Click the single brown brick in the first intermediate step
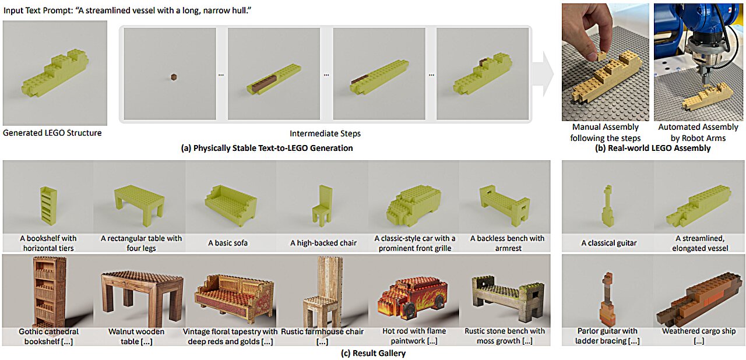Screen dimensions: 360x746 coord(173,76)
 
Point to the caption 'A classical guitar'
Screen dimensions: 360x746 coord(609,243)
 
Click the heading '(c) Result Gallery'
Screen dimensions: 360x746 coord(373,353)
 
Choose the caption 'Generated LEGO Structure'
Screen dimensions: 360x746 coord(52,133)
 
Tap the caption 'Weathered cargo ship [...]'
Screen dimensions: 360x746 coord(699,336)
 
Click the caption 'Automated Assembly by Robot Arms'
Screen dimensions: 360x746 coord(698,132)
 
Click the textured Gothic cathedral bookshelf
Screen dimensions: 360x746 coord(48,293)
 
